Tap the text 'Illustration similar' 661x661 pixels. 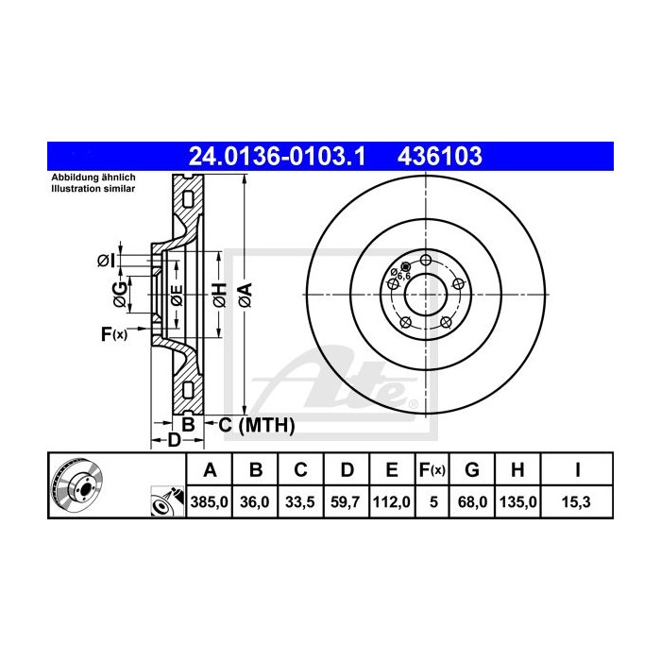coord(93,189)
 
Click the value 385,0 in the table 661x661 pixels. coord(211,503)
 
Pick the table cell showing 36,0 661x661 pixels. coord(256,503)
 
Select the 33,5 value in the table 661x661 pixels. coord(300,503)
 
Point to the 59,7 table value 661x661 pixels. coord(346,503)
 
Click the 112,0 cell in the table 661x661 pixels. coord(391,503)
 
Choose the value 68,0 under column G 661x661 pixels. coord(474,503)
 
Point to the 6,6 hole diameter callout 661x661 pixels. coord(400,277)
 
